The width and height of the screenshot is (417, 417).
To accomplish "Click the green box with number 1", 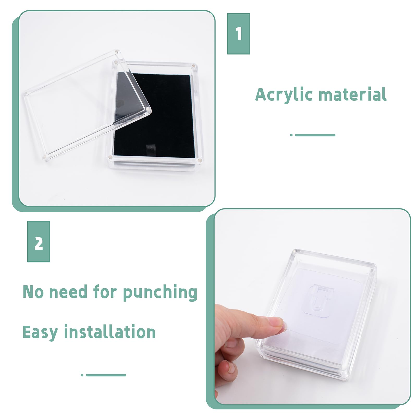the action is (x=238, y=34).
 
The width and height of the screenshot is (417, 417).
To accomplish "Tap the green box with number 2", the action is (x=39, y=241).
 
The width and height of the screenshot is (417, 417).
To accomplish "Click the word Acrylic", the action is (x=284, y=95).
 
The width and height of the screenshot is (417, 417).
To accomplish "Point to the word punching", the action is (x=160, y=292).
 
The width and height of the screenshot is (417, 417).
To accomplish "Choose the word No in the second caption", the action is (x=33, y=292).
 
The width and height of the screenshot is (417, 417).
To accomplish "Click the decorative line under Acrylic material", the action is (x=312, y=135).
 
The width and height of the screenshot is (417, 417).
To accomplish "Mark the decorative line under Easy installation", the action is (x=103, y=375).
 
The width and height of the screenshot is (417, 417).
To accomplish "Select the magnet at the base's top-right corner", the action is (x=193, y=66).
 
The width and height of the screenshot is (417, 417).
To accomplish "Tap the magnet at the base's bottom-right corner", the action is (x=200, y=160).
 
